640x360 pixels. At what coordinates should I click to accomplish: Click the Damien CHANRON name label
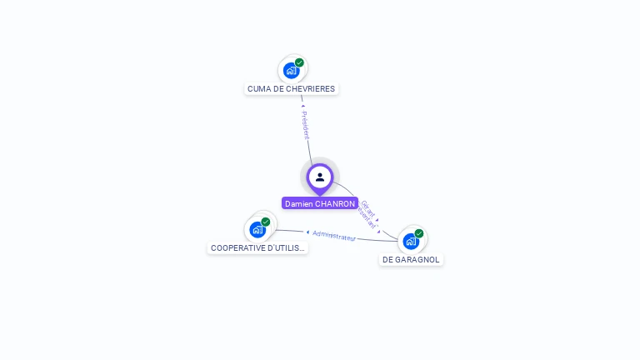click(x=320, y=203)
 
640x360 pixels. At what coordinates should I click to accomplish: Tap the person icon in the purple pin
click(x=320, y=177)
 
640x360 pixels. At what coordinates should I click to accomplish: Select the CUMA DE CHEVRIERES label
click(x=291, y=88)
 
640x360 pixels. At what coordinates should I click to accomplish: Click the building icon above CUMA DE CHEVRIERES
click(x=291, y=70)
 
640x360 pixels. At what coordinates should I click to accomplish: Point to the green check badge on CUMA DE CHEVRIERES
click(x=299, y=62)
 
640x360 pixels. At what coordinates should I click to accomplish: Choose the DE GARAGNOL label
click(x=411, y=259)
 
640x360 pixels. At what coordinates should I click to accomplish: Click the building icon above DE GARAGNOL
click(x=410, y=242)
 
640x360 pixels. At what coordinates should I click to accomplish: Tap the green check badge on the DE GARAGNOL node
click(x=419, y=233)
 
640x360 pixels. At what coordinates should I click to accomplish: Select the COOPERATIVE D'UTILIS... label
click(x=257, y=247)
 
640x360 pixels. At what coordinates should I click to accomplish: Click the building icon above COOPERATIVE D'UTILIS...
click(x=257, y=229)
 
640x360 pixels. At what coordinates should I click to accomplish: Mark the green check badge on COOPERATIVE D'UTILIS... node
click(x=266, y=222)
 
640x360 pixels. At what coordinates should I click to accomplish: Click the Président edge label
click(x=306, y=125)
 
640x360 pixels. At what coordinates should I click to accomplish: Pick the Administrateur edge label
click(x=334, y=236)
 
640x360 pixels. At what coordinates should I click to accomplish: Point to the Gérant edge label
click(x=367, y=208)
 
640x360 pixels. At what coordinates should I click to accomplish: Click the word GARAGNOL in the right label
click(x=418, y=259)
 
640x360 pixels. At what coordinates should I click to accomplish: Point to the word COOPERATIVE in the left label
click(x=237, y=247)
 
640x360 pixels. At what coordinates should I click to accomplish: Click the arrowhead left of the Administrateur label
click(x=307, y=232)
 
